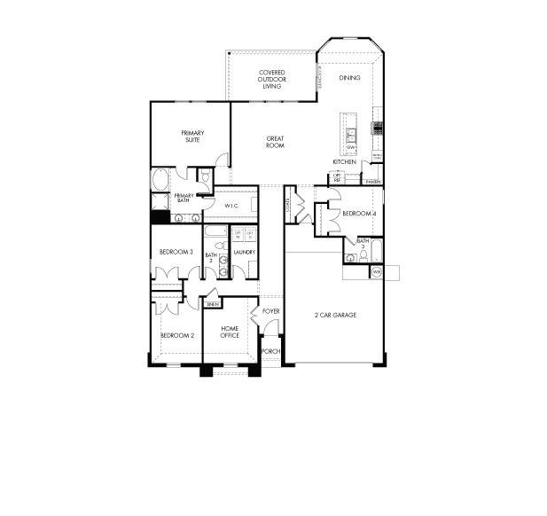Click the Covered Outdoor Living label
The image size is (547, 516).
point(271,80)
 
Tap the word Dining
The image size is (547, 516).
point(349,78)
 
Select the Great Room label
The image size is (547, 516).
point(275,142)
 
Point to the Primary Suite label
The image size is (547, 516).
point(192,136)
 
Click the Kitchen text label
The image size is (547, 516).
point(345,162)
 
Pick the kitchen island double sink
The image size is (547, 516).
point(352,136)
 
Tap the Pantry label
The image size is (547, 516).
point(373,182)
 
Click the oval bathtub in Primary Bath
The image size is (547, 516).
point(160,179)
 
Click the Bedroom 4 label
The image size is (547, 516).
point(359,214)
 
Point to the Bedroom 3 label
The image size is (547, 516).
point(176,253)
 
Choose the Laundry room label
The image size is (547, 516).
point(244,253)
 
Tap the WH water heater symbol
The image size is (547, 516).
point(376,271)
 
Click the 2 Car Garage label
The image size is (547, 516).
point(335,315)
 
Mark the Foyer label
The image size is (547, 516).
point(270,312)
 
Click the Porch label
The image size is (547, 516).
point(270,351)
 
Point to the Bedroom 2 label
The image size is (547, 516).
point(176,336)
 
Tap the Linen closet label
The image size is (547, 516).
point(212,304)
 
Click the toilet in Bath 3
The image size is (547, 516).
point(352,258)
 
